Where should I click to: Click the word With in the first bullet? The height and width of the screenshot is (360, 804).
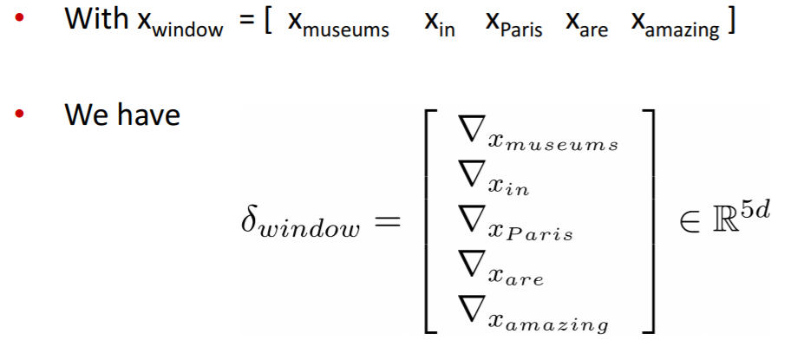click(x=96, y=20)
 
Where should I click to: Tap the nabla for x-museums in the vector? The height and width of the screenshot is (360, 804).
click(x=472, y=133)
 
